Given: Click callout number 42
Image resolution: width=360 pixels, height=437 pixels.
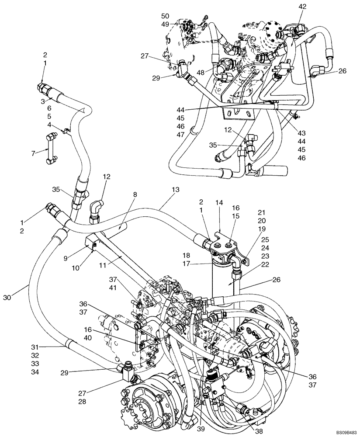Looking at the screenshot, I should (x=302, y=7).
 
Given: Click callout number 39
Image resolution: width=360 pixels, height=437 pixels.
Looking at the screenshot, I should (x=201, y=429).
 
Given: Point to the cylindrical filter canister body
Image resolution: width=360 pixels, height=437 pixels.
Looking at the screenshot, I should (x=220, y=280).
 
